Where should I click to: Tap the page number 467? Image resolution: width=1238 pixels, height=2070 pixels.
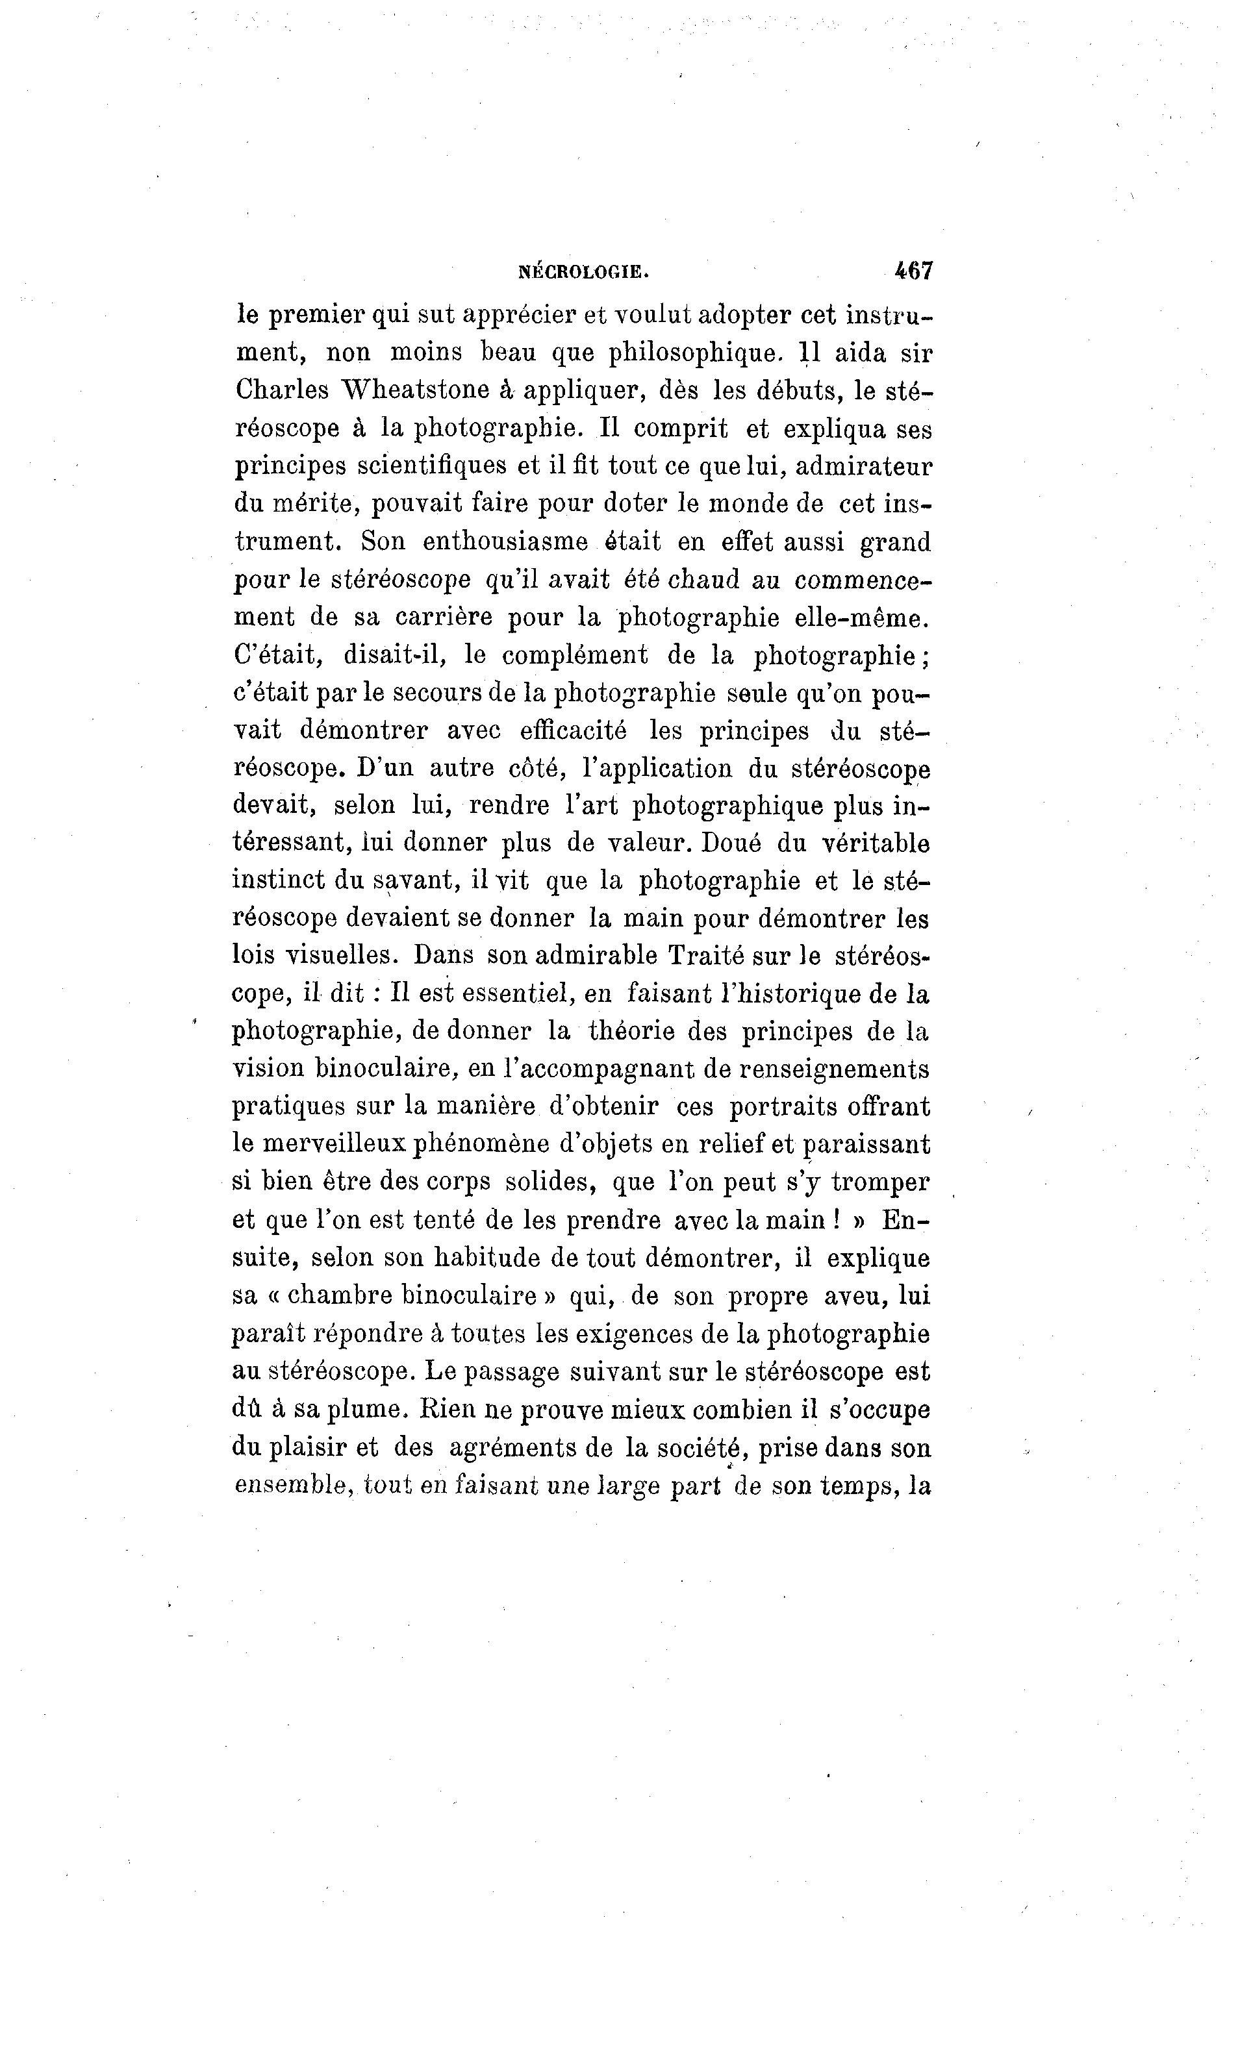click(x=913, y=270)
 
